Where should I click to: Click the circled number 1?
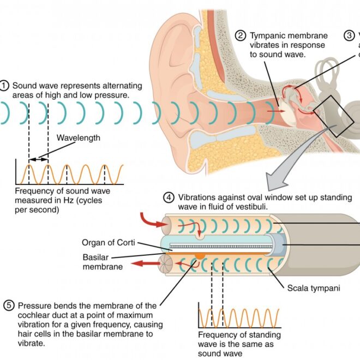coord(5,86)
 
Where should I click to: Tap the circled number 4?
coord(169,197)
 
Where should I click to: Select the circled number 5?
coord(9,305)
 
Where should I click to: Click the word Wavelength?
coord(79,138)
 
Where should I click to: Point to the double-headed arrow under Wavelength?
coord(38,159)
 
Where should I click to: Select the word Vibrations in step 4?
coord(195,197)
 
